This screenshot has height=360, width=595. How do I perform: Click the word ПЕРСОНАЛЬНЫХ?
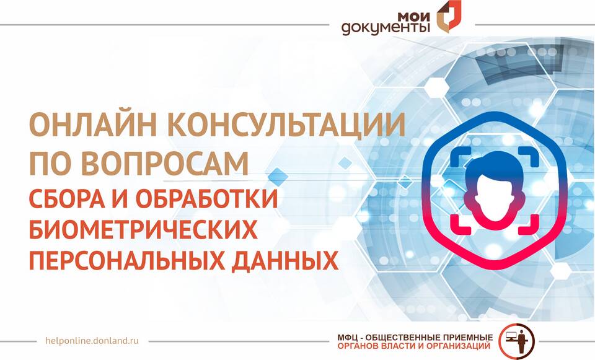(126, 260)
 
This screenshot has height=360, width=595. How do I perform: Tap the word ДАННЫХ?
(285, 261)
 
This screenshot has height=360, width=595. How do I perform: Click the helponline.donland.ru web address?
(92, 341)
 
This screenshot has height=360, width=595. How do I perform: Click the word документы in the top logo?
(386, 29)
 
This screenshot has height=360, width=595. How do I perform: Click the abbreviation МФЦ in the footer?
(346, 338)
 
